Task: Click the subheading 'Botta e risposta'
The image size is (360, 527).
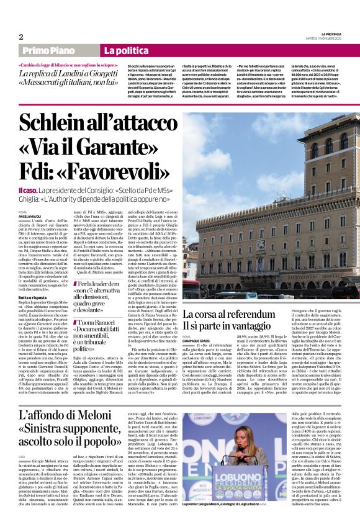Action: pos(32,297)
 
